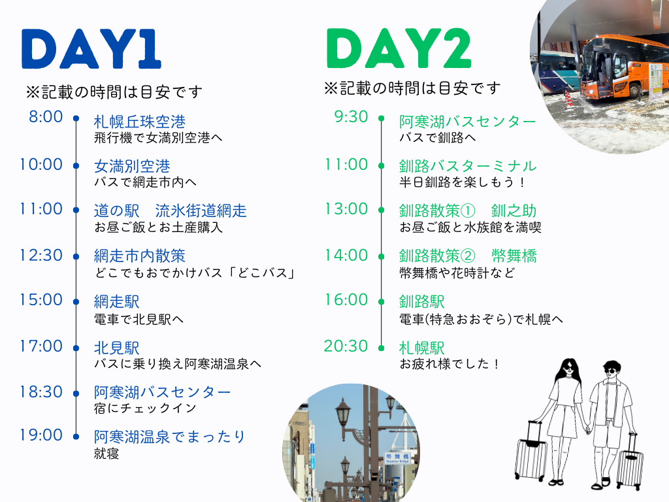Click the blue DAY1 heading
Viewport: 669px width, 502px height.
coord(91,48)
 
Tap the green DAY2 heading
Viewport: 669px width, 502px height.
coord(399,48)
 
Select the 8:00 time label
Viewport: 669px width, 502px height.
coord(46,116)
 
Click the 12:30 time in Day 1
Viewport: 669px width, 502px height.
coord(41,256)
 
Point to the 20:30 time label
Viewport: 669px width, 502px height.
coord(346,346)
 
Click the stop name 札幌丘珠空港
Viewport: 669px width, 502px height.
coord(140,122)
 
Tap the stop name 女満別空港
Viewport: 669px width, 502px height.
coord(132,166)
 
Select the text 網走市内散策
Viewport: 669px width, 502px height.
coord(140,256)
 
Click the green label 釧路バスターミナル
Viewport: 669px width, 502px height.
coord(468,166)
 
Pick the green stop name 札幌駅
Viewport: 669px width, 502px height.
coord(421,348)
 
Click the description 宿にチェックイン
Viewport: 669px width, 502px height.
coord(145,408)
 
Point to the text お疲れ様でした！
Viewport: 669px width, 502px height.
coord(449,363)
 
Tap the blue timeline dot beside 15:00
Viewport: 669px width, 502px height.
coord(76,302)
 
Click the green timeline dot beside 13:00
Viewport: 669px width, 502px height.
coord(382,210)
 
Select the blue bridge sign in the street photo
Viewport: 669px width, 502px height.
coord(397,458)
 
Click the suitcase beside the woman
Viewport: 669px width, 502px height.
coord(531,452)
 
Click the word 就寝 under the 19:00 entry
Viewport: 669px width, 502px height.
coord(106,454)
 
